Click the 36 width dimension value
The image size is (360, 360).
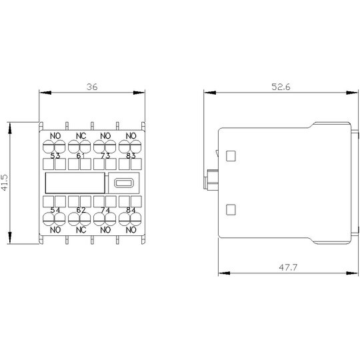point(92,87)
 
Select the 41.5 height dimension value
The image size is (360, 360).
point(5,183)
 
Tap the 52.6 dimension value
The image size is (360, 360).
point(281,87)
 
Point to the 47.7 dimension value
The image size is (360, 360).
point(288,267)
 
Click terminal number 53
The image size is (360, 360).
point(55,156)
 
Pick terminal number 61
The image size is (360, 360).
point(81,156)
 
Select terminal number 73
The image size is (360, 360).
point(105,156)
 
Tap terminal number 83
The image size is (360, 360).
point(131,156)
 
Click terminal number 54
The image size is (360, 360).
point(55,210)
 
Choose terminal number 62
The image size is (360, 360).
point(81,210)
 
